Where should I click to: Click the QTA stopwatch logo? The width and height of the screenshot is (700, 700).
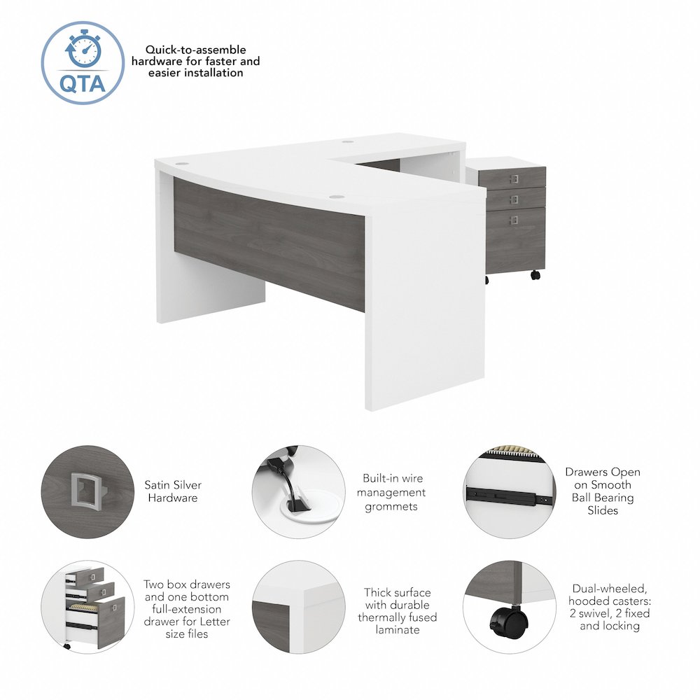coord(83,62)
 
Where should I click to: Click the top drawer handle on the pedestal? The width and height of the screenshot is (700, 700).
coord(516,178)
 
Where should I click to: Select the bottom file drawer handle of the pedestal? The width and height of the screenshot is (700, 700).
coord(515,220)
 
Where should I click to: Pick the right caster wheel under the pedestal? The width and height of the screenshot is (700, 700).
coord(535,275)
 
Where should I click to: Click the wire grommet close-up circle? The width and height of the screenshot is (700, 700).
coord(298,492)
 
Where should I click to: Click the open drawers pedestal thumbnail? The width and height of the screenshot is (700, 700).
coord(88,607)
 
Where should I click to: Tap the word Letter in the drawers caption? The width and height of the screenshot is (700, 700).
coord(215,622)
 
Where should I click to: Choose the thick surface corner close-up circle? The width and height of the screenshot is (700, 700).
coord(298,607)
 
